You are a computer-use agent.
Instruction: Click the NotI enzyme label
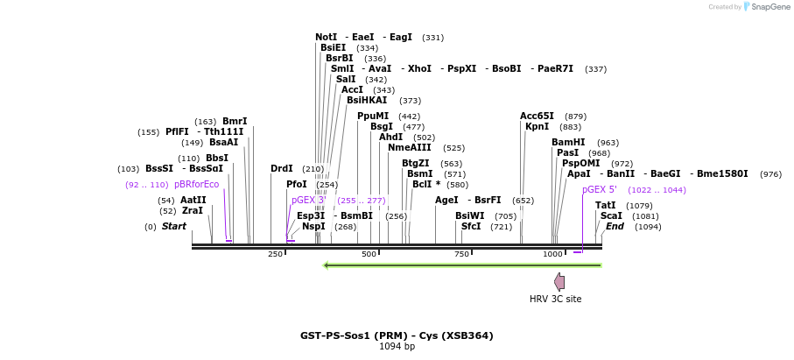click(326, 38)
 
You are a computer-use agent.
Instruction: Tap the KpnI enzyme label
click(537, 127)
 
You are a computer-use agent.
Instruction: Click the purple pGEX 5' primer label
click(600, 189)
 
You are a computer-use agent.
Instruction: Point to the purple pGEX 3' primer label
click(308, 201)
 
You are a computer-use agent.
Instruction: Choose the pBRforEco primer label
click(196, 185)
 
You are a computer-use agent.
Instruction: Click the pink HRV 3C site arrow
click(559, 281)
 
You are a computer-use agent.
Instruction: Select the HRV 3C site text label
click(555, 300)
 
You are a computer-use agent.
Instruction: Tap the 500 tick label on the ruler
click(369, 254)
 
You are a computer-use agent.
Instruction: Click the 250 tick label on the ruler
click(275, 254)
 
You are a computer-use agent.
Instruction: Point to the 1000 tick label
click(552, 254)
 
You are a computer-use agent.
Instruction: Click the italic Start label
click(174, 226)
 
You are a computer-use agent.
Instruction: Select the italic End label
click(615, 226)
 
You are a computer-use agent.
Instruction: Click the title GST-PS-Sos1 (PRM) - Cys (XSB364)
click(397, 335)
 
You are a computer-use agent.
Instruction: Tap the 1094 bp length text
click(397, 347)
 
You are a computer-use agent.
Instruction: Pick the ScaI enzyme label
click(611, 215)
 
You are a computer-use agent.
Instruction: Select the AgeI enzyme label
click(446, 200)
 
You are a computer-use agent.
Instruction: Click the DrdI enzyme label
click(281, 168)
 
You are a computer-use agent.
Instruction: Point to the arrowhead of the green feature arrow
click(327, 265)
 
